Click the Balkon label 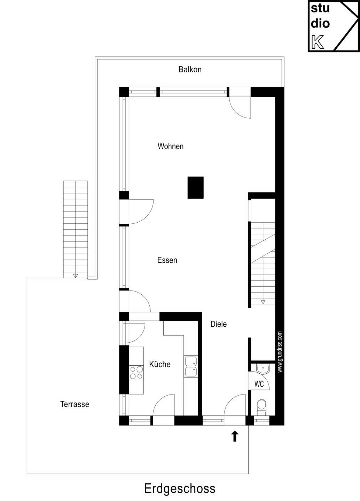coord(190,70)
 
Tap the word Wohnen coord(171,146)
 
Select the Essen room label coord(167,260)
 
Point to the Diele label coord(219,324)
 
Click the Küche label coord(160,364)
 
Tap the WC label coord(259,384)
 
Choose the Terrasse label coord(75,404)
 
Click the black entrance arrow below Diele coord(235,436)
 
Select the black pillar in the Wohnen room coord(195,188)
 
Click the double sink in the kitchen coord(191,367)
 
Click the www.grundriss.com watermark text coord(280,352)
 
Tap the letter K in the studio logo coord(318,42)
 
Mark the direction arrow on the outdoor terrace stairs coord(76,276)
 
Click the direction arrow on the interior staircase coord(263,302)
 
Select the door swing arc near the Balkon coord(238,112)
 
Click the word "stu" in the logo coord(320,8)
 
